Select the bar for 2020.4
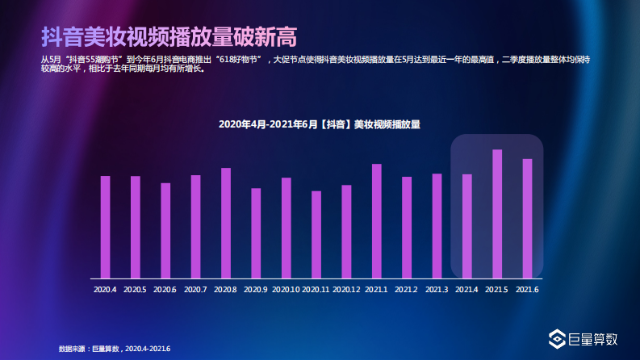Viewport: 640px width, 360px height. [x=105, y=226]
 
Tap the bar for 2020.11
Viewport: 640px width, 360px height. [x=316, y=234]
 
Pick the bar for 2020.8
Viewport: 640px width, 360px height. [x=226, y=222]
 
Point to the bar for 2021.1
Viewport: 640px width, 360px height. [x=377, y=220]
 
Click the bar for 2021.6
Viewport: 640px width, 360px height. [x=527, y=218]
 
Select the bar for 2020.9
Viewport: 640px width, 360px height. [x=256, y=232]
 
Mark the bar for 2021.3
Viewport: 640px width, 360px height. [x=437, y=225]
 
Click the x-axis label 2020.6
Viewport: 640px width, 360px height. [x=165, y=289]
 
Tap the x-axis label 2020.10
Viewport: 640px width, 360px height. [x=286, y=289]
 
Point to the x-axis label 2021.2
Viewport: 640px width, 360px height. [x=407, y=289]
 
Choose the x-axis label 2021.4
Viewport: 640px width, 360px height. [x=466, y=289]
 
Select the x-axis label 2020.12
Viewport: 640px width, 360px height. [x=346, y=289]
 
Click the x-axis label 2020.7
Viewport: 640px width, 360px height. [x=195, y=289]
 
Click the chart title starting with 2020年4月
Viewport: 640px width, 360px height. [x=320, y=124]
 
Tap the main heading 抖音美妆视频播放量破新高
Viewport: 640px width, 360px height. [x=169, y=36]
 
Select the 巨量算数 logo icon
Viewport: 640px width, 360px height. [x=556, y=340]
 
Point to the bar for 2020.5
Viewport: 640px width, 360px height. [x=136, y=226]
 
